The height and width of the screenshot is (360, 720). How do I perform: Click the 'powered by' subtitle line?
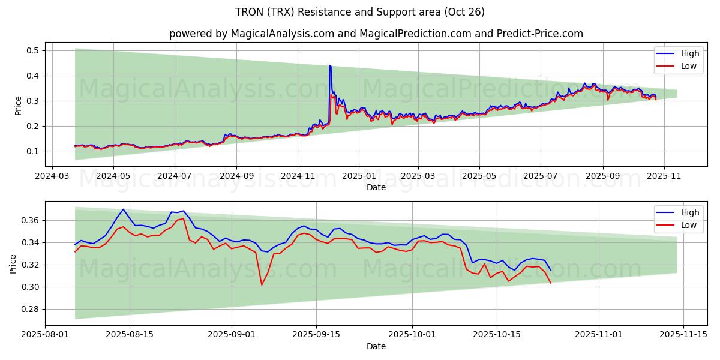[376, 34]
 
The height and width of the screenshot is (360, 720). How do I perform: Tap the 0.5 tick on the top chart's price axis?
[32, 50]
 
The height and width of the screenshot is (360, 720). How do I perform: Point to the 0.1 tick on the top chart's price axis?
[32, 151]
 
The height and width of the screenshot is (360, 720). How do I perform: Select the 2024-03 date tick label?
[52, 177]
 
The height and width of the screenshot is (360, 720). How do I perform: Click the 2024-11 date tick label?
[298, 177]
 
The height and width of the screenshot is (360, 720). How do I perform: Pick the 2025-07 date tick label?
[541, 177]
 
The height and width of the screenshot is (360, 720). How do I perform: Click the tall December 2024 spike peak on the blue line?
[330, 65]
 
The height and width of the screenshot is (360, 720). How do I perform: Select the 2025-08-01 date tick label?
[45, 335]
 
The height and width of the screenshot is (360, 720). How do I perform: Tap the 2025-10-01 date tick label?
[412, 335]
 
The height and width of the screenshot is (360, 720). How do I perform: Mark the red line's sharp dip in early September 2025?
[262, 284]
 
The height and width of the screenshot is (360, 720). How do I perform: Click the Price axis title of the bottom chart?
[13, 263]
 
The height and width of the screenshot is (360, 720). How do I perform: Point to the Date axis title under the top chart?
[376, 188]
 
